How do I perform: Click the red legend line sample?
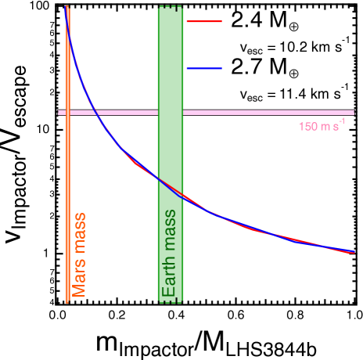[x=204, y=22]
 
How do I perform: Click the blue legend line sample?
[x=204, y=69]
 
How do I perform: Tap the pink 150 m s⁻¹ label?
[x=321, y=126]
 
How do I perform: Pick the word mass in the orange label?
[x=79, y=233]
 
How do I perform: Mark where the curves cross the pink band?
[x=95, y=113]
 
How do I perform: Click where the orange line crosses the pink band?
[x=68, y=113]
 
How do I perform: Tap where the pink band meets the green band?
[x=171, y=113]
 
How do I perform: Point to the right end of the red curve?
[x=353, y=253]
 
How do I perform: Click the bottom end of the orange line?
[x=68, y=301]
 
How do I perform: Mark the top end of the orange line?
[x=68, y=6]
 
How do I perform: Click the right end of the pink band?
[x=354, y=113]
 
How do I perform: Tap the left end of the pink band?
[x=59, y=113]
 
